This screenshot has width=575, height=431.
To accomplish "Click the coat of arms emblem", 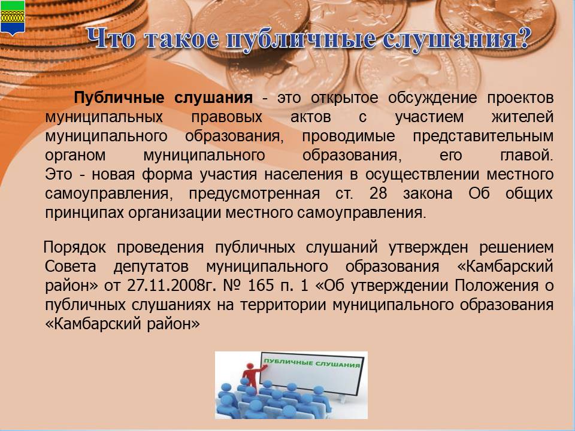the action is point(13,17).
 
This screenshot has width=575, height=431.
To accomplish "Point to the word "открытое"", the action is point(344,98).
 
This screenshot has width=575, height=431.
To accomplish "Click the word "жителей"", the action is point(522,117).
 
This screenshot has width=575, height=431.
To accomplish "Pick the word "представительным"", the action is point(483,136).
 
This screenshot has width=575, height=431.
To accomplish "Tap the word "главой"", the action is point(526,155).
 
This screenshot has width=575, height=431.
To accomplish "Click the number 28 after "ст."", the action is point(378,193).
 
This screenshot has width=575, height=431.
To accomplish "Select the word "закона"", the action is point(428,193).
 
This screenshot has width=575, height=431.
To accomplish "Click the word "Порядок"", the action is point(75,248).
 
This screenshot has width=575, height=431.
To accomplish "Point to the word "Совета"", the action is point(71,266).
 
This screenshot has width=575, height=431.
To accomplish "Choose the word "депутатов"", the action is point(151,267).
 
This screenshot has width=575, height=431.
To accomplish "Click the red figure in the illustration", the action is point(250,376).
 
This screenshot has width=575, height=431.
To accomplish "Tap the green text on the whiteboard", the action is point(311,363).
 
